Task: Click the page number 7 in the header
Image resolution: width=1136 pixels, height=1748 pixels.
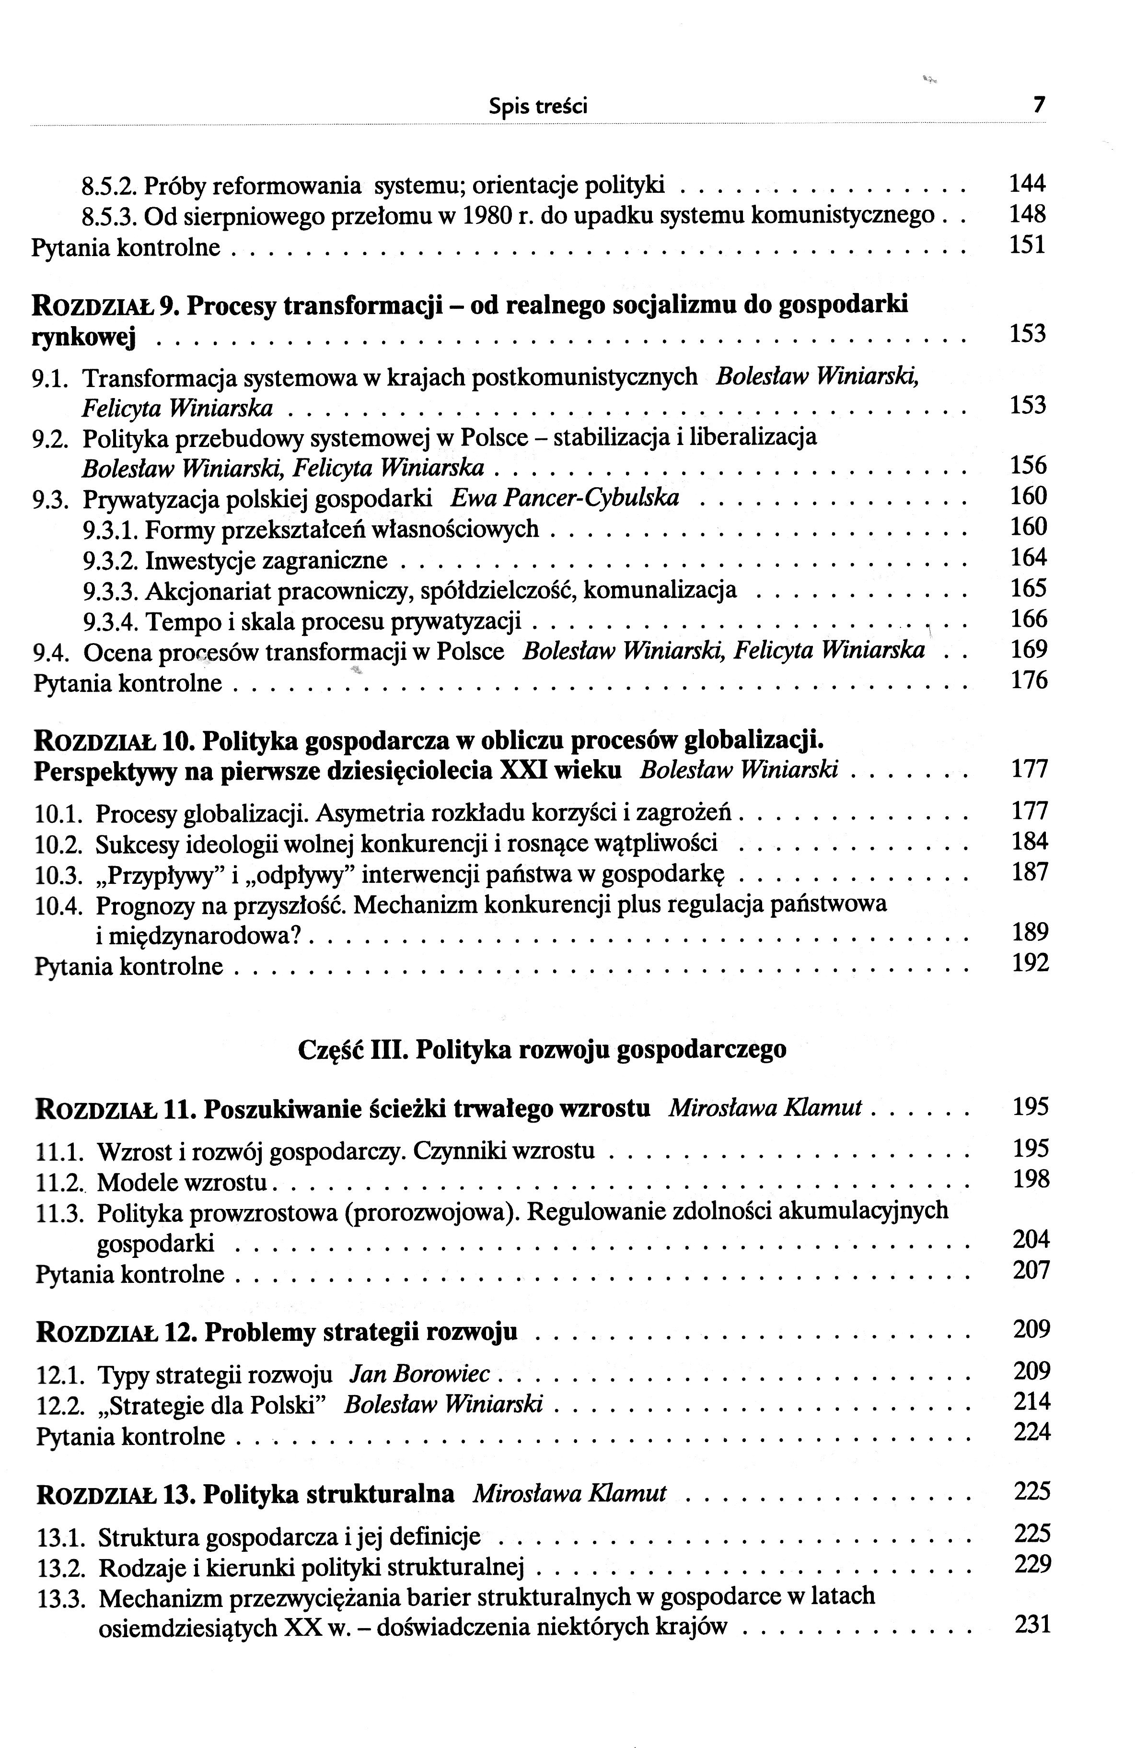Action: tap(1038, 105)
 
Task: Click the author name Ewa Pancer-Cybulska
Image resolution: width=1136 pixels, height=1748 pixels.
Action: tap(564, 498)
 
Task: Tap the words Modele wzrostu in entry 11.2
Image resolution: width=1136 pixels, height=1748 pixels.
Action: tap(184, 1182)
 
